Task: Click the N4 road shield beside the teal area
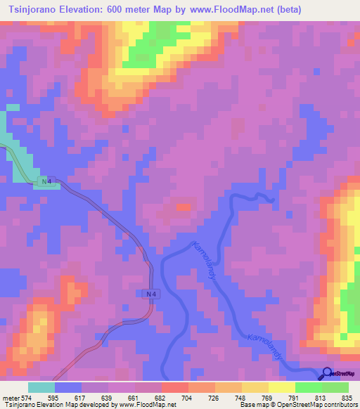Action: coord(45,181)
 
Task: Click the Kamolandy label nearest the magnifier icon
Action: coord(264,347)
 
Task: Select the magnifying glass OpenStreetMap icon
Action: coord(327,373)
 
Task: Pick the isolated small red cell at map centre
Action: coord(184,207)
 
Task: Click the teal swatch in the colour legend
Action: coord(41,388)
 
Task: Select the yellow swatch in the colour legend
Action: coord(281,388)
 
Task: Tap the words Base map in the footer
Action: coord(252,405)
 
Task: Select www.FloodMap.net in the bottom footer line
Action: coord(146,405)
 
